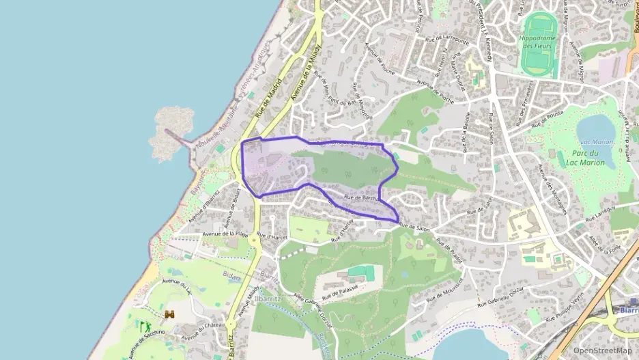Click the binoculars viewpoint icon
[169, 314]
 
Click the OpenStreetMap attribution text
[601, 350]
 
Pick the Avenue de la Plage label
[225, 234]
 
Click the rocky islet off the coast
[170, 128]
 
